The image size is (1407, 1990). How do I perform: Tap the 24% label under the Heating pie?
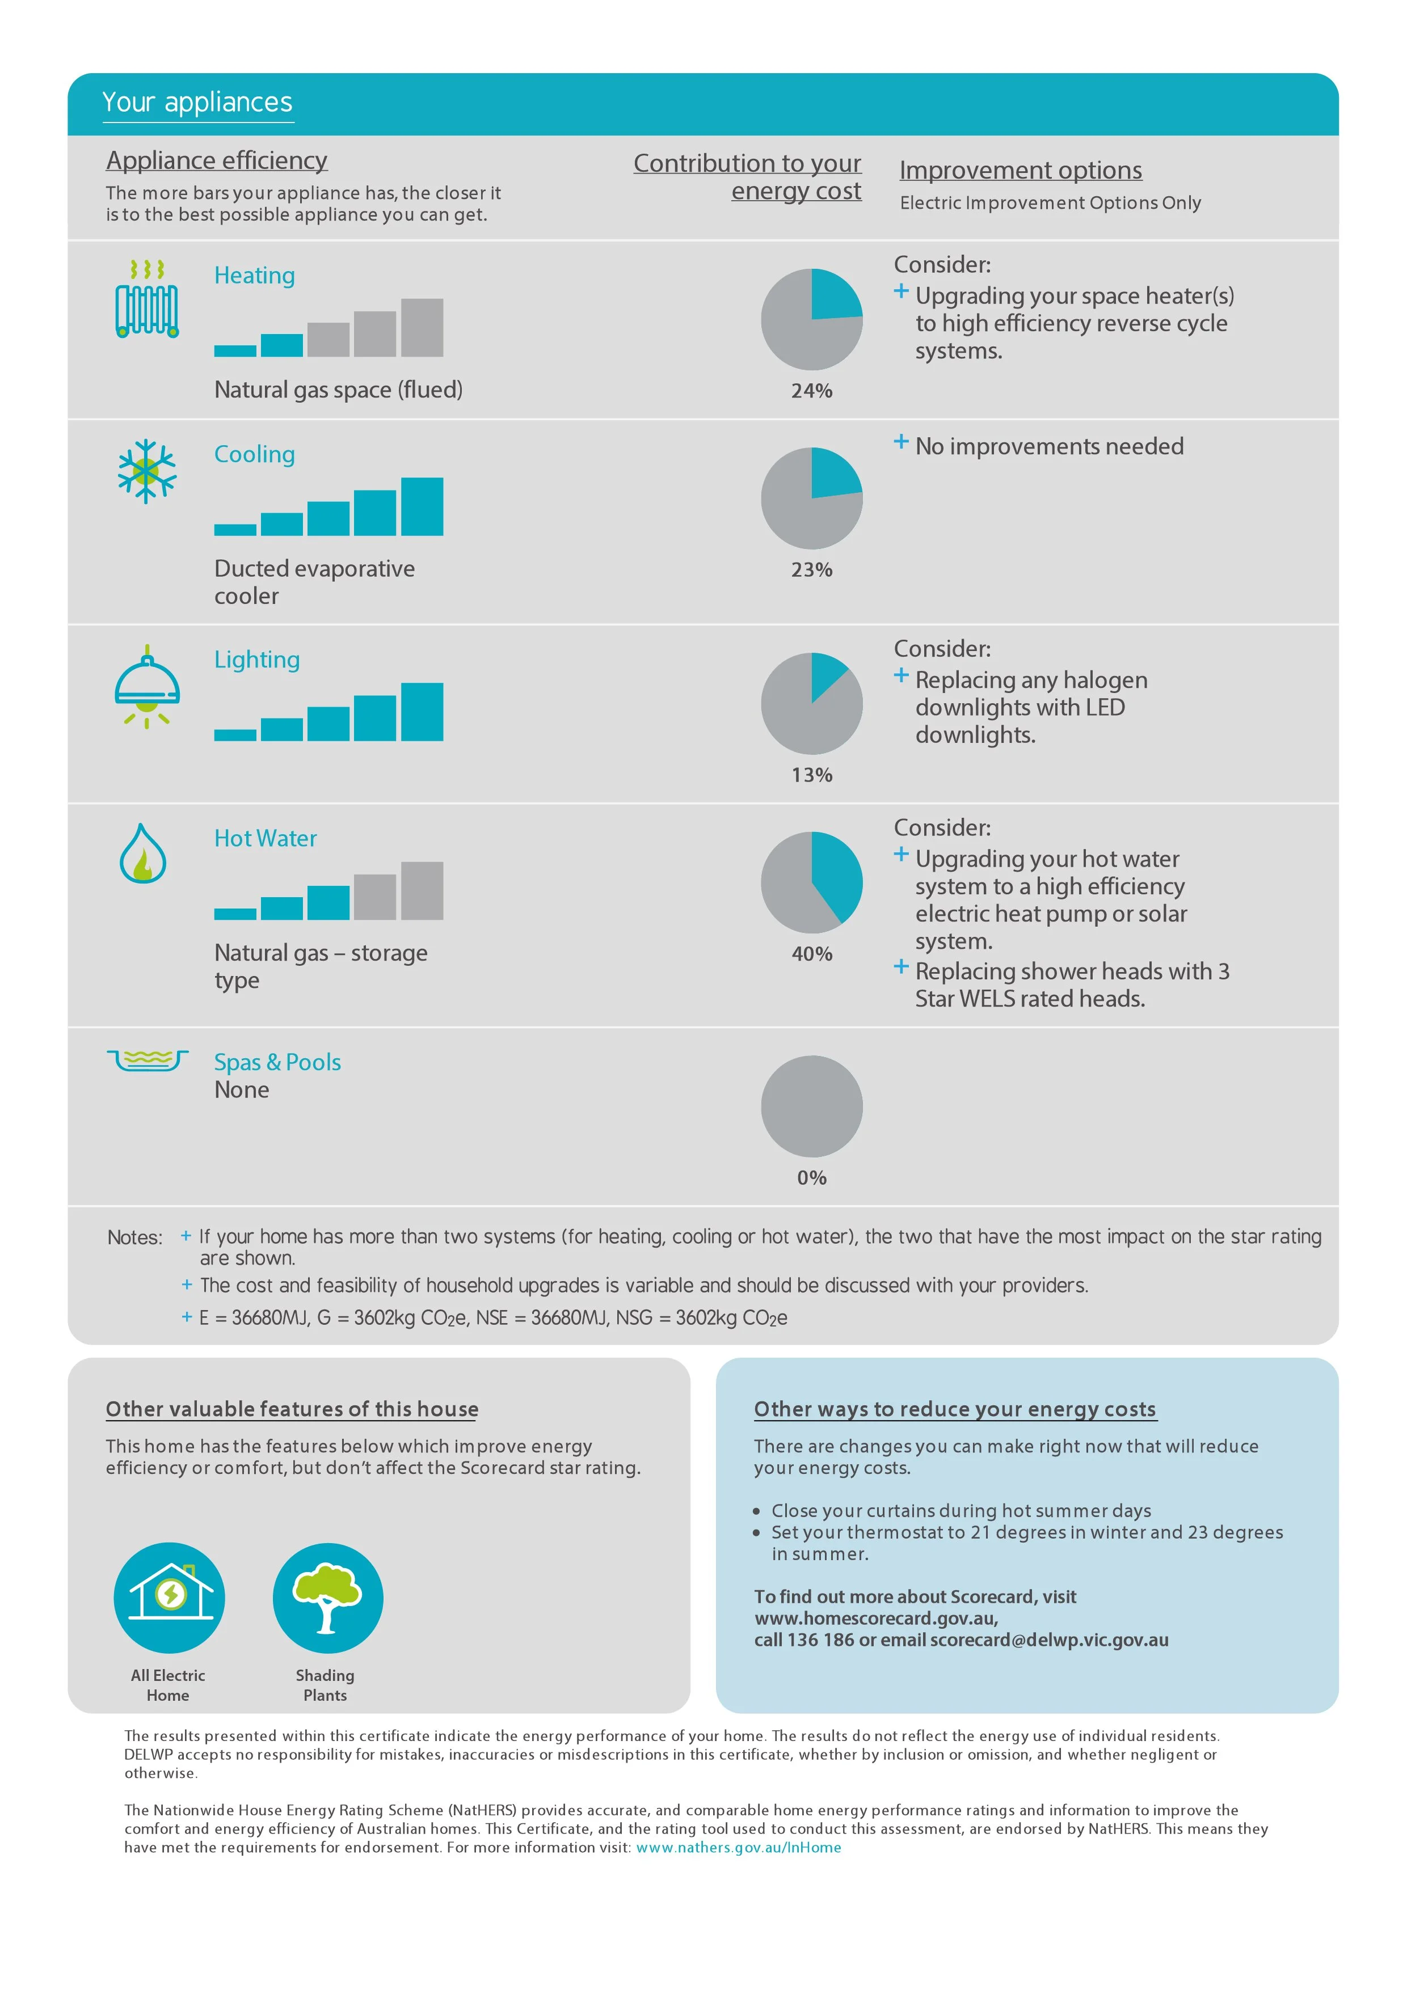click(x=811, y=391)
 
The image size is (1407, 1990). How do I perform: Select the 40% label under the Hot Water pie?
click(x=811, y=954)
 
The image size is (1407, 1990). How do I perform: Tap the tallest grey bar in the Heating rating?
click(x=422, y=328)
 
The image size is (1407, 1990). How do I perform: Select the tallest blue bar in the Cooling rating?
click(x=422, y=507)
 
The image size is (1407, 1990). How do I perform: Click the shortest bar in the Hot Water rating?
click(x=235, y=914)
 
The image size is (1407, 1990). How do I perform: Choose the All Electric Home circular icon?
click(x=169, y=1598)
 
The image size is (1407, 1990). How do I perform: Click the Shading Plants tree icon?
click(x=328, y=1598)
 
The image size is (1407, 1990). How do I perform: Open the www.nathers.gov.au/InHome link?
click(x=739, y=1847)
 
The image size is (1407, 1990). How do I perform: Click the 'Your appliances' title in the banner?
click(x=197, y=102)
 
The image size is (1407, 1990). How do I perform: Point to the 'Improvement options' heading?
click(x=1020, y=170)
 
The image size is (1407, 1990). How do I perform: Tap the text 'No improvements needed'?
click(x=1049, y=446)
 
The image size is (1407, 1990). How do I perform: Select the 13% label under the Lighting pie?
click(x=811, y=775)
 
